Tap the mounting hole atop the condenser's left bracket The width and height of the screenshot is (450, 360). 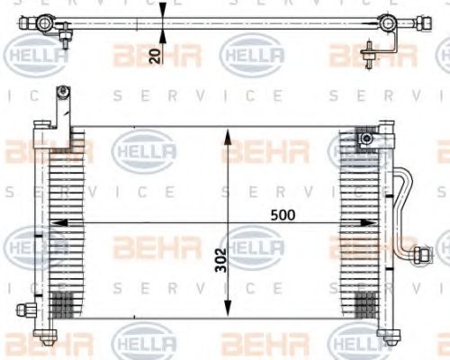coord(62,90)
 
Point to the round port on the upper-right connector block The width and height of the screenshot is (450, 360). coord(365,139)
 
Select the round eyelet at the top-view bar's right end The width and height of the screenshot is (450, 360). coord(387,22)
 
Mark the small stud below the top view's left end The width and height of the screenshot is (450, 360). coord(67,37)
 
